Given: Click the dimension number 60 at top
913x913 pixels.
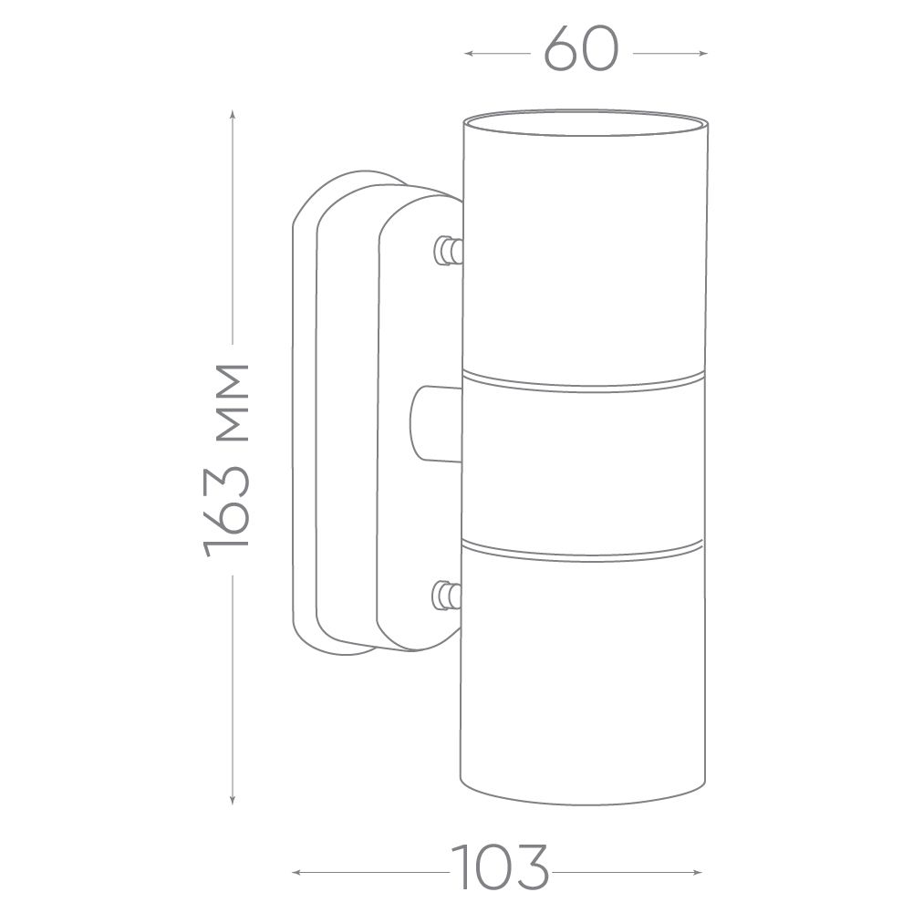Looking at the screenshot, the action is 580,50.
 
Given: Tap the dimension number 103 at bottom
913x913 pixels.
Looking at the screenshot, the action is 500,872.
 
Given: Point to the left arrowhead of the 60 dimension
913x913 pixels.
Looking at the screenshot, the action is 468,54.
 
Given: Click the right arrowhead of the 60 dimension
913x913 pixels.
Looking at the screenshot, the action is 703,54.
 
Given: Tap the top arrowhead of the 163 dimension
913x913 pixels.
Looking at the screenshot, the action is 233,115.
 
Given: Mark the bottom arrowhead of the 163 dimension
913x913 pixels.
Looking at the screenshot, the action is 233,800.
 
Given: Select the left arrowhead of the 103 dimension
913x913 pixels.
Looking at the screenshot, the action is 296,872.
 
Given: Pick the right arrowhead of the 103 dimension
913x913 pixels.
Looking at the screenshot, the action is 697,872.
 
